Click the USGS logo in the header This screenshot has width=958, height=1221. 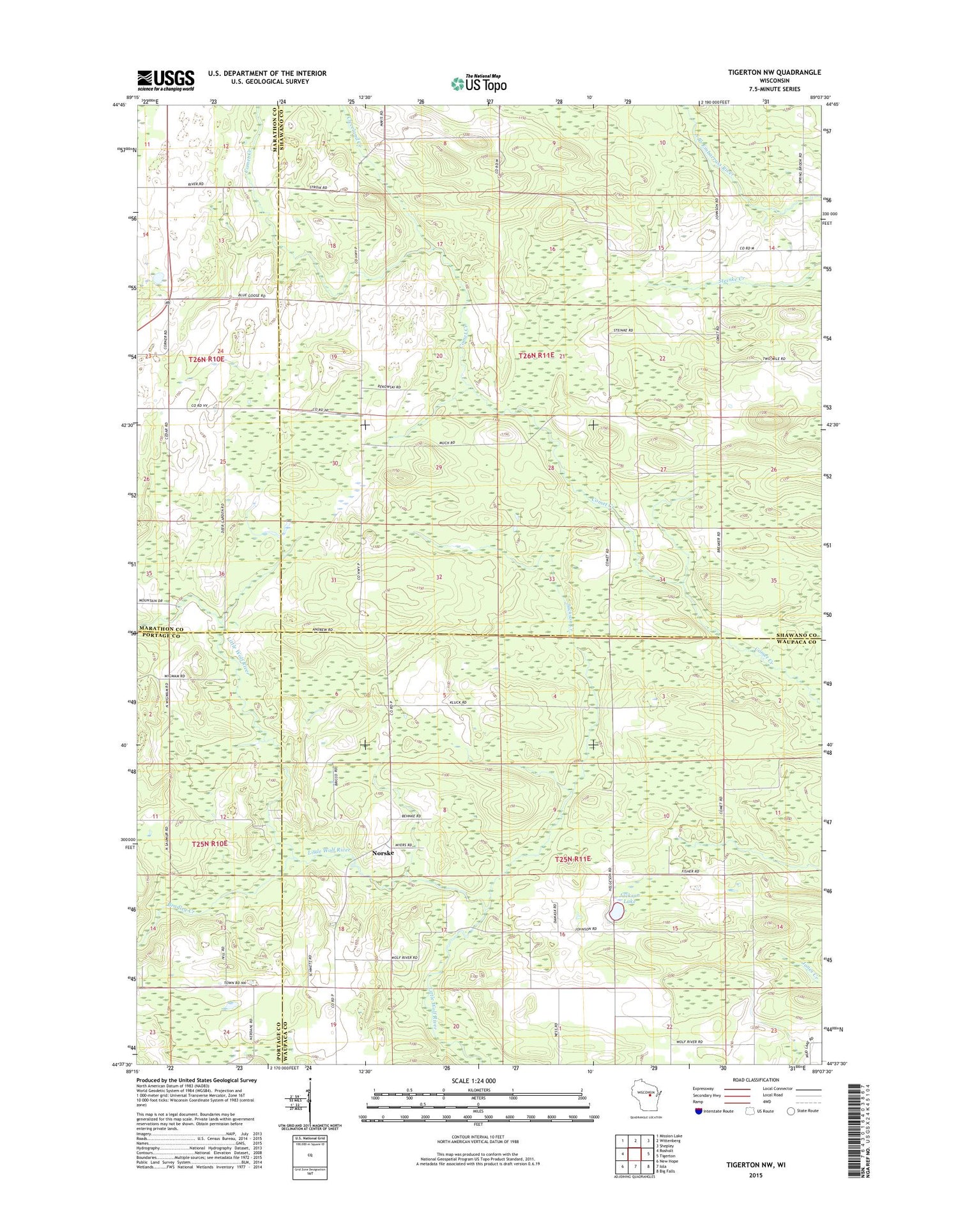click(x=165, y=79)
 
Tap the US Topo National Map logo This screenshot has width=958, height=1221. click(x=478, y=83)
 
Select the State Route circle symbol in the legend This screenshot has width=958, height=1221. click(x=790, y=1111)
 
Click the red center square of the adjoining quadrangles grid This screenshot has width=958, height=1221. click(x=635, y=1154)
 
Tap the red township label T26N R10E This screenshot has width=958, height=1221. click(x=206, y=360)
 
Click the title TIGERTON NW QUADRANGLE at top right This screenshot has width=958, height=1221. click(x=774, y=72)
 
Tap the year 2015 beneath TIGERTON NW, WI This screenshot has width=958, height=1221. click(x=756, y=1174)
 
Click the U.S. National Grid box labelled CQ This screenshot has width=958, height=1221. click(x=310, y=1155)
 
